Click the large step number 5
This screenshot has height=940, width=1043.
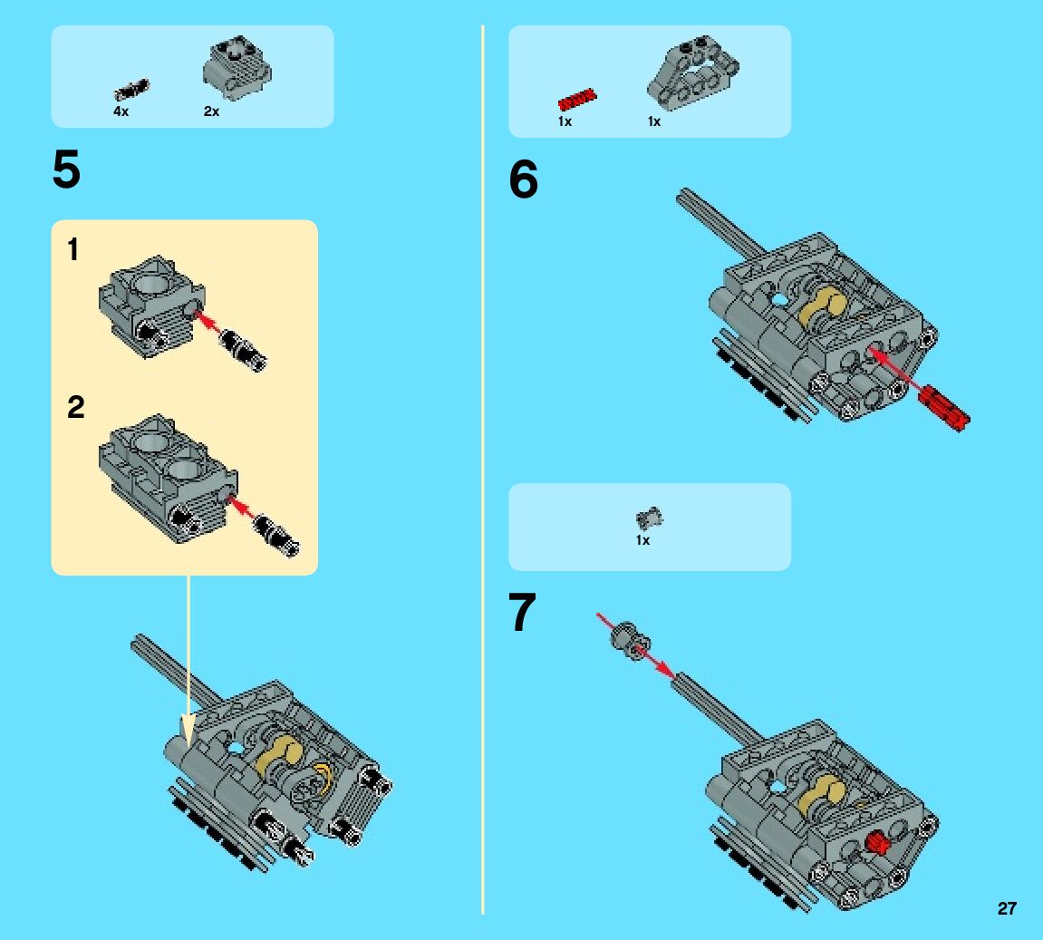tap(66, 170)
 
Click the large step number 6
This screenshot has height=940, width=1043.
tap(524, 179)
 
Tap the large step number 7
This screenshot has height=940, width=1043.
tap(522, 611)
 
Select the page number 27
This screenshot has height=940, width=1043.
tap(1007, 908)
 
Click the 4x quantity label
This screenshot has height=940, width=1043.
tap(121, 111)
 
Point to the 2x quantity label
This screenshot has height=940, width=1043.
tap(211, 111)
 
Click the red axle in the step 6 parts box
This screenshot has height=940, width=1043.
tap(576, 99)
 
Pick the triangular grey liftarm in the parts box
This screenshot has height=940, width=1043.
tap(692, 73)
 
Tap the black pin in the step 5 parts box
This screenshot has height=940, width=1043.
tap(131, 90)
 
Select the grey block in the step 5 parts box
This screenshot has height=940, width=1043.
tap(237, 68)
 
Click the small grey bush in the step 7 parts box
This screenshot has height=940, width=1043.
tap(649, 518)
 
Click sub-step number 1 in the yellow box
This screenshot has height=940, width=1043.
tap(73, 249)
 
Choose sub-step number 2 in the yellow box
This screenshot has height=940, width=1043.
tap(76, 407)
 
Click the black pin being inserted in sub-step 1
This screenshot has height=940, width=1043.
tap(243, 349)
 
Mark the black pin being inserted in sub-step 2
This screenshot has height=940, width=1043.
tap(276, 534)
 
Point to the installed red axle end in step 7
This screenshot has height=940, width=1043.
tap(877, 844)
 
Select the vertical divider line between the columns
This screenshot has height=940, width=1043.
tap(483, 469)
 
